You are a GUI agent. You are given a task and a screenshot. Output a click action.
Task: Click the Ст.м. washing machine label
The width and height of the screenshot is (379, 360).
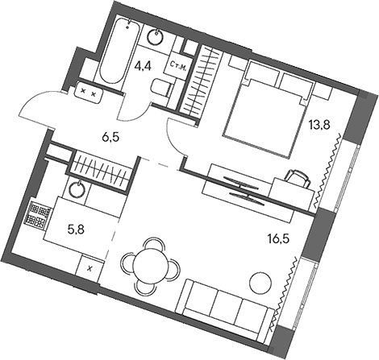179,68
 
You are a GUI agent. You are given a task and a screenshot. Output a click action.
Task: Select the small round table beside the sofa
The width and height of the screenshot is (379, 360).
260,281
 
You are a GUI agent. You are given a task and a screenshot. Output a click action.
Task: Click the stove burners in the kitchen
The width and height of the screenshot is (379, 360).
36,214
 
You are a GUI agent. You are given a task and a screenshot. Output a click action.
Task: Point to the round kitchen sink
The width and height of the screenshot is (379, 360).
76,190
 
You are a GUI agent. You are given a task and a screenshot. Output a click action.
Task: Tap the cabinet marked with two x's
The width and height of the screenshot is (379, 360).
90,93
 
